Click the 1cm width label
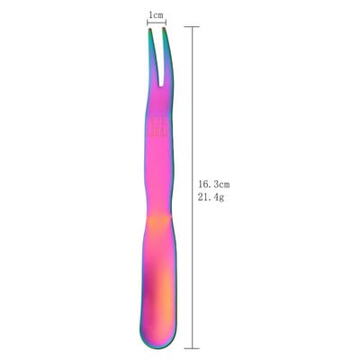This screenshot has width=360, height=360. click(157, 15)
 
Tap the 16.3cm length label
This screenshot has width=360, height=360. click(213, 184)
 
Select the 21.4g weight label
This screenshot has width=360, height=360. click(211, 197)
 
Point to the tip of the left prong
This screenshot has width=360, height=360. click(149, 29)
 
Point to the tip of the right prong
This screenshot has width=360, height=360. click(164, 28)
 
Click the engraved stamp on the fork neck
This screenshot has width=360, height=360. click(158, 128)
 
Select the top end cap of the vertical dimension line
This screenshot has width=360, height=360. click(192, 27)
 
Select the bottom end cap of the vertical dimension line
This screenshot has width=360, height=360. click(192, 348)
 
